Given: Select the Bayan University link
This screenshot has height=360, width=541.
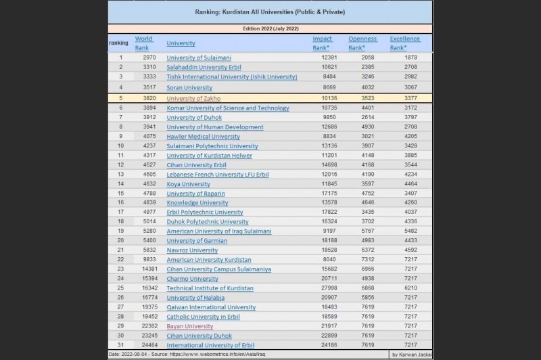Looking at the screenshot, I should click(x=190, y=326).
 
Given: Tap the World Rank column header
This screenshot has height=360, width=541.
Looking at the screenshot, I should click(x=143, y=43).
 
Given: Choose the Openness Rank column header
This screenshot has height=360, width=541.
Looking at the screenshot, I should click(x=362, y=43).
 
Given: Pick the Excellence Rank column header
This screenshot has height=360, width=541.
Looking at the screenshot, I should click(x=405, y=43).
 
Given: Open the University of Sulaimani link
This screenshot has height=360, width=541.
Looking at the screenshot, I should click(x=199, y=58).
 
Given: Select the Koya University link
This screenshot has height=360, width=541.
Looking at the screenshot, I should click(x=188, y=183).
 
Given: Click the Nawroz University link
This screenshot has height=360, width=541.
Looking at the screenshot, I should click(x=192, y=250).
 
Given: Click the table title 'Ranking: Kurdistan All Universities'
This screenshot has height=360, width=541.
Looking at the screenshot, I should click(x=270, y=12).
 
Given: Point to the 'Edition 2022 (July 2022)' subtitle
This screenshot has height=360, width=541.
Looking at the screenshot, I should click(x=270, y=28).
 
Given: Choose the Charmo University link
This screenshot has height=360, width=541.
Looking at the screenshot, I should click(x=192, y=279).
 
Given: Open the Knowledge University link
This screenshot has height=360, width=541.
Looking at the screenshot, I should click(x=197, y=202).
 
